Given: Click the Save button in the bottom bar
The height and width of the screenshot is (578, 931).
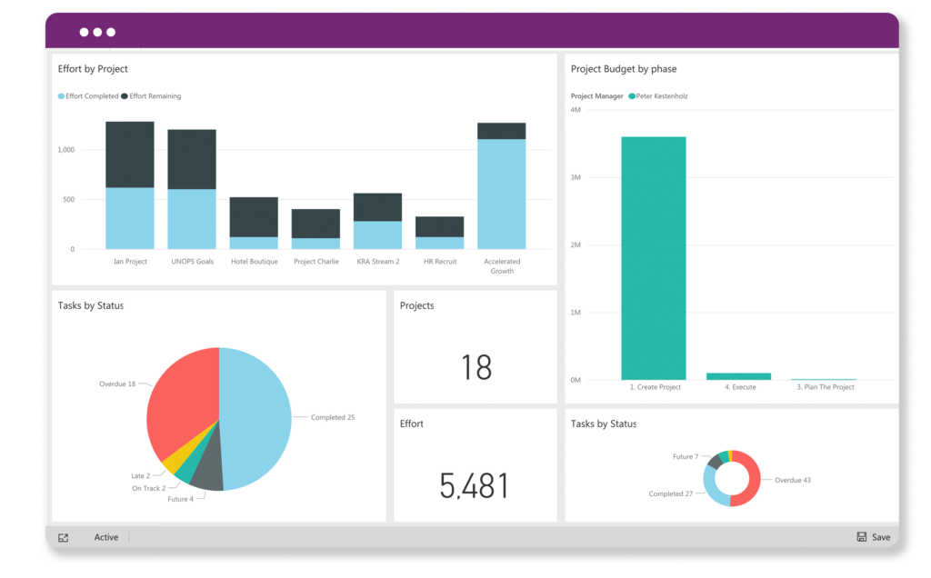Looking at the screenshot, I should point(874,537).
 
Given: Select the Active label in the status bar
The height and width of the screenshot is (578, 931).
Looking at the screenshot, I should point(106,537).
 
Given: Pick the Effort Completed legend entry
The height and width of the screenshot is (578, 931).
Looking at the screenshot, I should point(88,96).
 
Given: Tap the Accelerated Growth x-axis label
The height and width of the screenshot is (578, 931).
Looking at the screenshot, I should point(502,265).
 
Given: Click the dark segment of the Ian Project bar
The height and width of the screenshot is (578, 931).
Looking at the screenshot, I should point(130,154).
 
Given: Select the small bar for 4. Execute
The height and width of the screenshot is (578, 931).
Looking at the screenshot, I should point(738,376).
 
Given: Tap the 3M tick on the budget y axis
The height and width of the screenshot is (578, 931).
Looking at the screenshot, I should point(575,177).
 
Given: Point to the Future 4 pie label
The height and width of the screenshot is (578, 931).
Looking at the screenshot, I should point(180,499).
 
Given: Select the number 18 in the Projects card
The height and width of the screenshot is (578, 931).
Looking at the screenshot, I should point(476,367).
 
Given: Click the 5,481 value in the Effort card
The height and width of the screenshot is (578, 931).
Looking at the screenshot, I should point(474,486).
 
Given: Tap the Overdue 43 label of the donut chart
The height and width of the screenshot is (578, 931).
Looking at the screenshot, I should point(792,480).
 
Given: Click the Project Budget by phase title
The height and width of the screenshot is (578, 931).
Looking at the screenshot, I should point(624,69).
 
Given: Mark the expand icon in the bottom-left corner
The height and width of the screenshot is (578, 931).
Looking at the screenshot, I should point(63,538).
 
